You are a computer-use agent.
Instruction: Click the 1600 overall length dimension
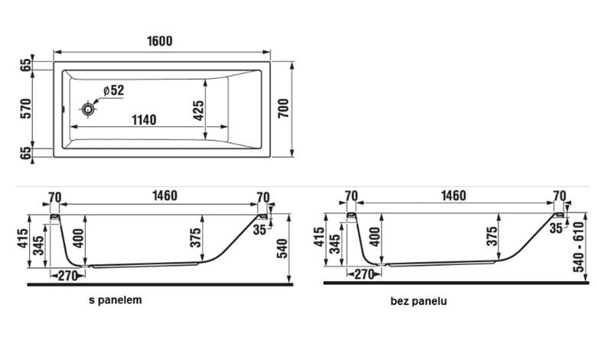click(x=159, y=41)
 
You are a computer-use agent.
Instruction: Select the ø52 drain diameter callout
click(x=113, y=90)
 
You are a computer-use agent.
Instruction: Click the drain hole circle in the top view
click(x=88, y=110)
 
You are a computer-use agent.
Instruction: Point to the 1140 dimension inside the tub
click(x=144, y=119)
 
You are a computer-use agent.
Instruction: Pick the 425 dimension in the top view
click(x=198, y=110)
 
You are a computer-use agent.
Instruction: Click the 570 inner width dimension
click(x=25, y=108)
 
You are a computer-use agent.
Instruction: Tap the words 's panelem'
click(x=116, y=299)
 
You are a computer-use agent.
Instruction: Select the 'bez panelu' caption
click(x=419, y=301)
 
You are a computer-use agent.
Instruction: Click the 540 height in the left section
click(x=282, y=248)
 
